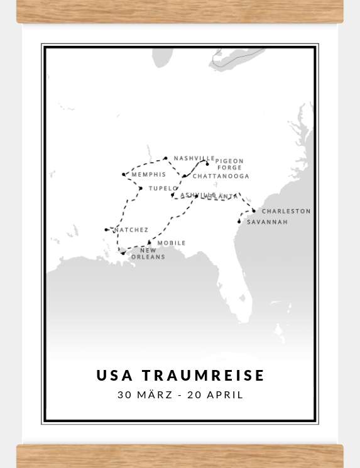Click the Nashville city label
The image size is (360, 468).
194,158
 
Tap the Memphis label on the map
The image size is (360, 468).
149,174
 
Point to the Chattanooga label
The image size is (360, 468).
221,177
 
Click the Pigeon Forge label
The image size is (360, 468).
229,165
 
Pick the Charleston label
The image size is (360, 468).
286,211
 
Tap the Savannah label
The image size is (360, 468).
267,222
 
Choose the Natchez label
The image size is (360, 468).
131,230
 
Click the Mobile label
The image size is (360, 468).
172,242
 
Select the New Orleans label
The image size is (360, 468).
148,254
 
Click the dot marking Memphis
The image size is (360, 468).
124,175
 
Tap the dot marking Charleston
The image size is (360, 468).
254,210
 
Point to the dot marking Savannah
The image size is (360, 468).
239,222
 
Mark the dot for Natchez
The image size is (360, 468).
106,230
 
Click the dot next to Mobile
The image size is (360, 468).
150,242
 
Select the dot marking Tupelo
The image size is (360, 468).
141,188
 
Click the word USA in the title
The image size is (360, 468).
115,376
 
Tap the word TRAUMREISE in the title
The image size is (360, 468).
204,376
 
